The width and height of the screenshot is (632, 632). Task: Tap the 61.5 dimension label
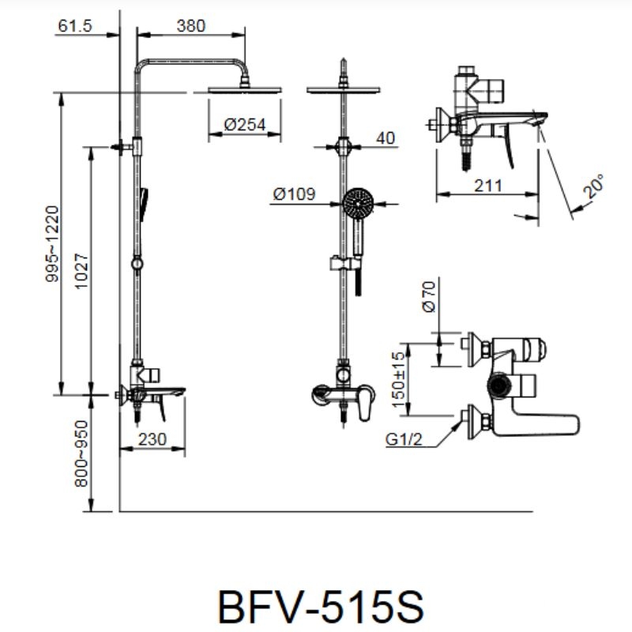click(75, 26)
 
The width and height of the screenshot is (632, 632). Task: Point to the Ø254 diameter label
click(243, 125)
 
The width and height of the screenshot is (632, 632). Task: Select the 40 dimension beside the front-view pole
click(385, 138)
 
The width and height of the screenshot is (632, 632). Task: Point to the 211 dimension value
click(488, 186)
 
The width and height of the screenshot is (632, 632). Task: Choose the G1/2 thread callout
click(404, 440)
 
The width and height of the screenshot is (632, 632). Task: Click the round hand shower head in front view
click(359, 205)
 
